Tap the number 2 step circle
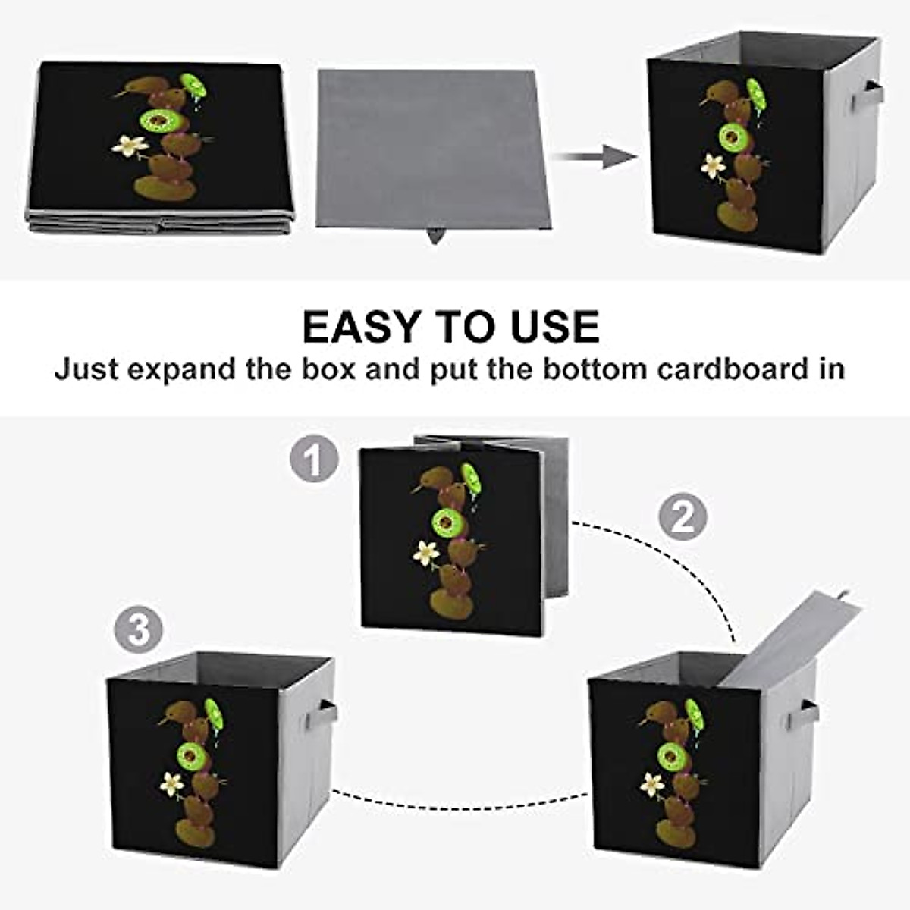pos(682,518)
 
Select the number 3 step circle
pos(139,629)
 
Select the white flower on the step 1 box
pos(426,553)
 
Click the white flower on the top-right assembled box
pos(713,165)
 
